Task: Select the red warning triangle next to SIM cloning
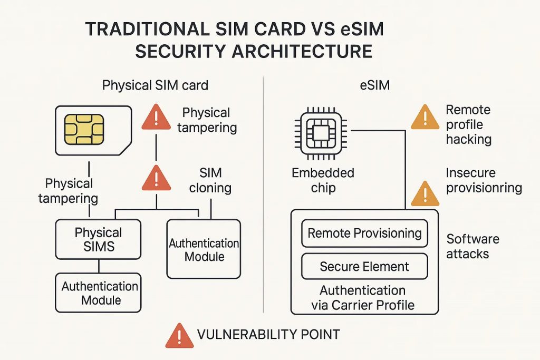coord(157,178)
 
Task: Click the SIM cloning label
coord(210,181)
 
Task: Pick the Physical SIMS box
coord(98,239)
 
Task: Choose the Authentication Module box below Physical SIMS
coord(98,293)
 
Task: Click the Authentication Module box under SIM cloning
coord(204,250)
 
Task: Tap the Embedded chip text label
coord(323,180)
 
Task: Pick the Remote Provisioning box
coord(364,233)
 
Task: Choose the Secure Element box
coord(364,266)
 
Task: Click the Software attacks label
coord(472,246)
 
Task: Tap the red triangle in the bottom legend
coord(179,335)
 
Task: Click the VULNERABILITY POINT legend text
coord(268,334)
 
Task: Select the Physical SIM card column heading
coord(155,85)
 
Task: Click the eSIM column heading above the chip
coord(375,85)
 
